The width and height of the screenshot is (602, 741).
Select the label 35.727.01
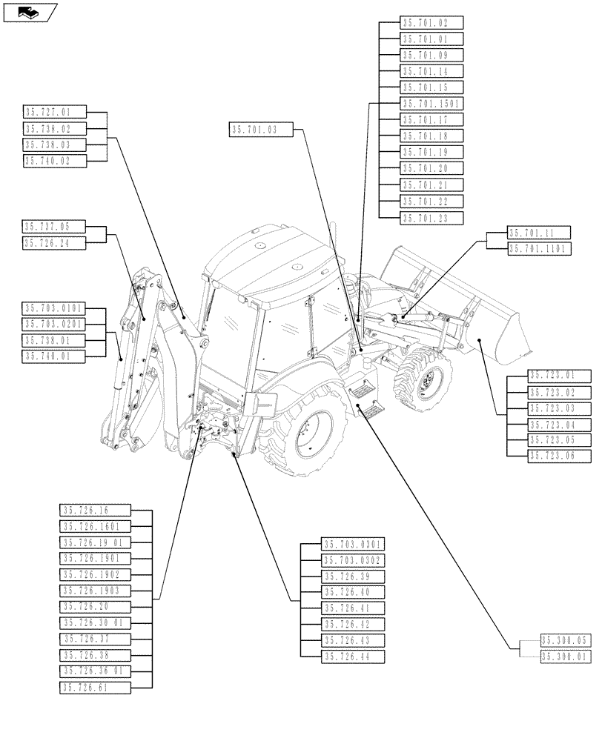(x=54, y=112)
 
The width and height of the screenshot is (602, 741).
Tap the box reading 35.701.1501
(x=432, y=104)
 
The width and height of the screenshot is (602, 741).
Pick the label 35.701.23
(x=432, y=218)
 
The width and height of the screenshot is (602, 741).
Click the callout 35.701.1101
(x=539, y=249)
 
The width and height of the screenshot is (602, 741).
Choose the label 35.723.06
(x=560, y=456)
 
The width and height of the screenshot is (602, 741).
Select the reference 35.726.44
(x=353, y=657)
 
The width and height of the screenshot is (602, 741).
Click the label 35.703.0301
(x=353, y=545)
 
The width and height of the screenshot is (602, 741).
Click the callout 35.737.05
(x=54, y=226)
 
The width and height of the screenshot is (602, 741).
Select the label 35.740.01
(x=54, y=356)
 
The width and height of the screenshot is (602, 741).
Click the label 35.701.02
(x=432, y=23)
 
